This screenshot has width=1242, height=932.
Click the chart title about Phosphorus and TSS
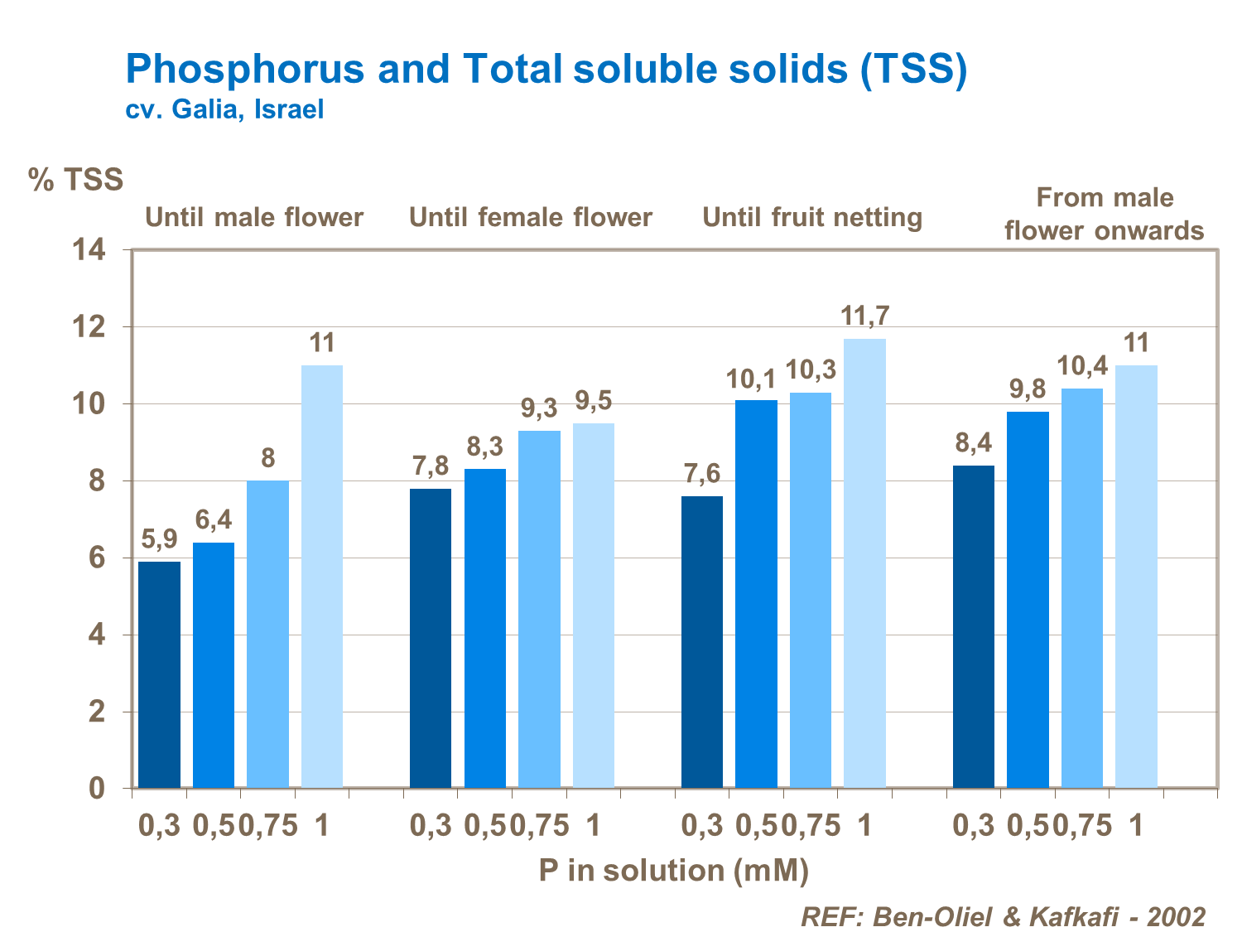[x=546, y=69]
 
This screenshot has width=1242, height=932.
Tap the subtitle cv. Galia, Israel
[x=224, y=109]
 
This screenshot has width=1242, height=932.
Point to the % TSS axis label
[x=75, y=179]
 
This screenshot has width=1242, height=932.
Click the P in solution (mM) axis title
[x=673, y=870]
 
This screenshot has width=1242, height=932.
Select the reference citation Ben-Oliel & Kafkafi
[x=1003, y=916]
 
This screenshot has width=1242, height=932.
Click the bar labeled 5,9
[x=159, y=674]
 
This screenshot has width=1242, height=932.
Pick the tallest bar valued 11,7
[x=864, y=563]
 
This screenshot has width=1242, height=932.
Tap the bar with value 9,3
[x=539, y=609]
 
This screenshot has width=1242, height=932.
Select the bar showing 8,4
[x=974, y=626]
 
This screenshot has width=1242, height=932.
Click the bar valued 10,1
[x=756, y=593]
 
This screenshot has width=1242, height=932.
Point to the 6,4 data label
[x=214, y=519]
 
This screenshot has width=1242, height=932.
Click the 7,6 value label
[x=702, y=474]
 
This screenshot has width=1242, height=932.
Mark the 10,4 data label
[x=1081, y=365]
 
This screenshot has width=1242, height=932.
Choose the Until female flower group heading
[x=531, y=217]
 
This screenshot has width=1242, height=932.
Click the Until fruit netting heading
[x=812, y=217]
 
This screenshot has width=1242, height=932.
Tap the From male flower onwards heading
[x=1105, y=214]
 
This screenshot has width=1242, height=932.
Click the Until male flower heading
[x=254, y=217]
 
